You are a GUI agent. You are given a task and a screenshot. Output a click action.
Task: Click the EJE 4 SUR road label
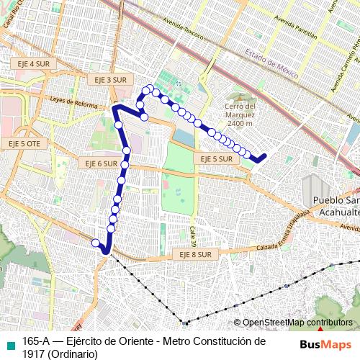[33, 64]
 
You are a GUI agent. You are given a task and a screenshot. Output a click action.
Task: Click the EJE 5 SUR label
[216, 158]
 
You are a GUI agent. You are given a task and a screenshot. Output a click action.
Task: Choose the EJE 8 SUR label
[194, 254]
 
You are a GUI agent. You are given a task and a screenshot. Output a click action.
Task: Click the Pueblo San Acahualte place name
[332, 206]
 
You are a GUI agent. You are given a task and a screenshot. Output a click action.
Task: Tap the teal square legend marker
[9, 342]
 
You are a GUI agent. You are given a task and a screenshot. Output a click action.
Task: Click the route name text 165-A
[36, 341]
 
